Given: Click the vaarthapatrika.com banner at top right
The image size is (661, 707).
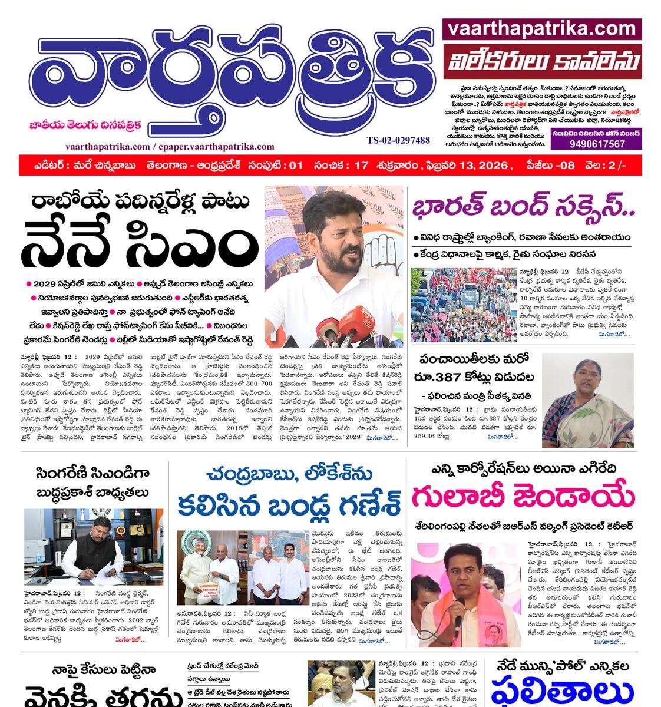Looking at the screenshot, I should (x=542, y=29).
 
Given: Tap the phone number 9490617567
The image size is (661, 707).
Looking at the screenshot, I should (x=596, y=144).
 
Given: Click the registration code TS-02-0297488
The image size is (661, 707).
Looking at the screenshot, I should (x=398, y=140).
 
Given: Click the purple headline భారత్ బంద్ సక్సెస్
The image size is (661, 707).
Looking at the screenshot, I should (x=524, y=209).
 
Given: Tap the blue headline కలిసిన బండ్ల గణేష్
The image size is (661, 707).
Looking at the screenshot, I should (x=289, y=504).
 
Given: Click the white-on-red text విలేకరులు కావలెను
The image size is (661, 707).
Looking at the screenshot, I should (x=542, y=61).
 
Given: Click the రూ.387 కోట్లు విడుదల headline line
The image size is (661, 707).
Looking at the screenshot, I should (x=477, y=377).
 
